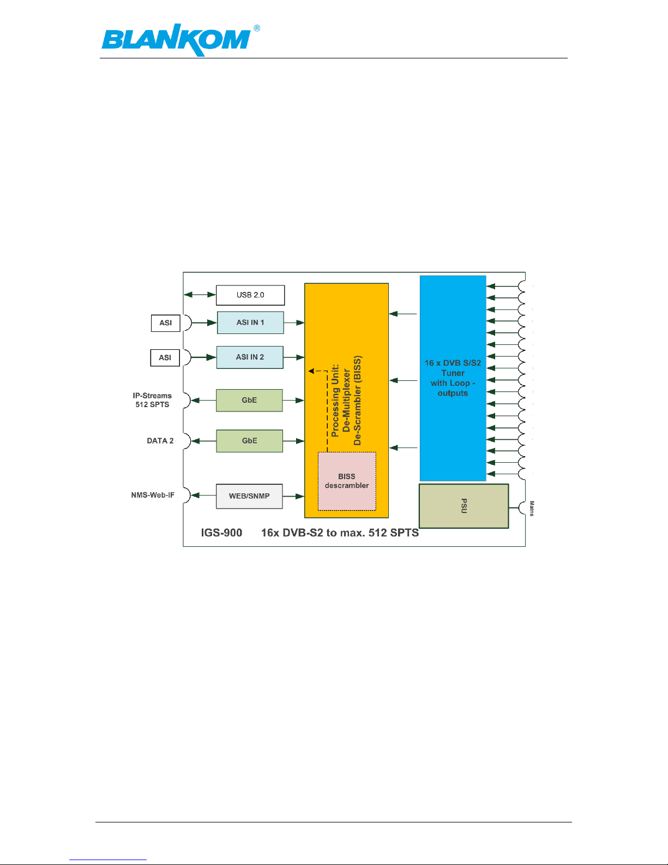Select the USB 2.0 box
tap(250, 295)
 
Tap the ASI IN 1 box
tap(250, 323)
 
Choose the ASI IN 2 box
tap(250, 357)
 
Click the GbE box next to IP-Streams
tap(249, 400)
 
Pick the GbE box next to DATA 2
tap(249, 440)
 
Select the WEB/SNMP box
tap(249, 496)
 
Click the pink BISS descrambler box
tap(347, 481)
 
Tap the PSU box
tap(464, 506)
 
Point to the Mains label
tap(532, 508)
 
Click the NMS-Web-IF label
tap(153, 495)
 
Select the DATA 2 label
tap(160, 440)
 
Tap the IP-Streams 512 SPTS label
tap(152, 399)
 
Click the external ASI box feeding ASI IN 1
tap(165, 323)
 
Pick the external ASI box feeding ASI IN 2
tap(165, 357)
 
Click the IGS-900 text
tap(221, 533)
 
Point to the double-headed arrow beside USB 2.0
tap(200, 295)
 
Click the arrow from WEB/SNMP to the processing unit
tap(293, 497)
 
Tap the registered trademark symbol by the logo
tap(257, 28)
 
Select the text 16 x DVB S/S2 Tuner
tap(453, 368)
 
